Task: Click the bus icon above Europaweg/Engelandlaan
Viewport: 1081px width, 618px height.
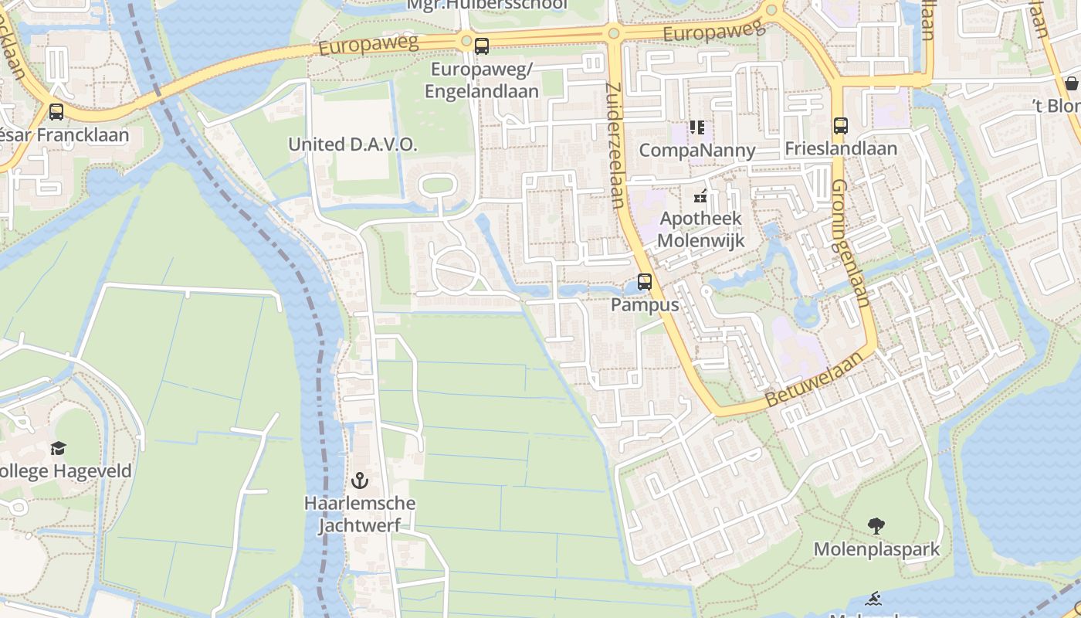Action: tap(482, 46)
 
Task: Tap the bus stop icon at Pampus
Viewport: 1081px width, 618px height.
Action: tap(645, 282)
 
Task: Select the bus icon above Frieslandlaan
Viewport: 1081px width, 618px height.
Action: tap(841, 125)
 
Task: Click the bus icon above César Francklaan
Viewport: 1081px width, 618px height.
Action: tap(56, 112)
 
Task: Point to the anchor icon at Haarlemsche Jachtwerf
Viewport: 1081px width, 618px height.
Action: tap(359, 480)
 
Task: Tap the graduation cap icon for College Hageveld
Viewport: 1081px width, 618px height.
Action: tap(58, 448)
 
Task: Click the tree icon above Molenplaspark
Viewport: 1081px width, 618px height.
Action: tap(876, 526)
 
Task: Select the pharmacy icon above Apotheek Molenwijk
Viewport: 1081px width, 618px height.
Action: tap(700, 196)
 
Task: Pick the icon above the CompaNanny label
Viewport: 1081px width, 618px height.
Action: tap(697, 127)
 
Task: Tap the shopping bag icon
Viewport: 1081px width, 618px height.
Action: tap(1072, 83)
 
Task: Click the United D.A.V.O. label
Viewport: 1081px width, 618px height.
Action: tap(352, 144)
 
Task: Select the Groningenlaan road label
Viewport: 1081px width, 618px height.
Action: tap(850, 243)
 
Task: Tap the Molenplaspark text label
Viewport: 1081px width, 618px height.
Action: tap(876, 549)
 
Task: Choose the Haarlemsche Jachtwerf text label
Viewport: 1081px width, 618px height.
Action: tap(359, 514)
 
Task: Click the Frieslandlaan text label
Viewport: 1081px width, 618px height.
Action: tap(841, 148)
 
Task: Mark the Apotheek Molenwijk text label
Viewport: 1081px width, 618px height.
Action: tap(700, 229)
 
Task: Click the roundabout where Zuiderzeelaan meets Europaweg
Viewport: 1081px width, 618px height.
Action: tap(614, 33)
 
